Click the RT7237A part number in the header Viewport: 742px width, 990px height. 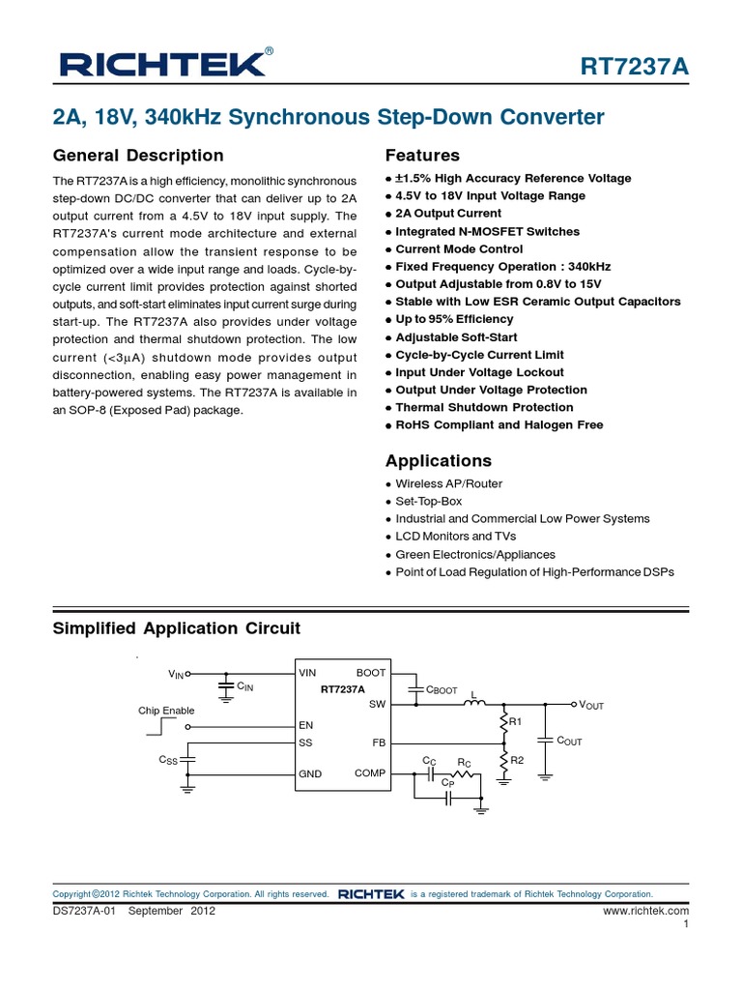[x=635, y=67]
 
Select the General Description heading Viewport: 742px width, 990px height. [x=138, y=156]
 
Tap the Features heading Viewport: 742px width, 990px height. [x=422, y=156]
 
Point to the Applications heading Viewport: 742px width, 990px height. [x=438, y=461]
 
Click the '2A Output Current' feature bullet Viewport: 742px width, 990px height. [x=448, y=214]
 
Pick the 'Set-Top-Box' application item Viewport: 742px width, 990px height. [x=429, y=501]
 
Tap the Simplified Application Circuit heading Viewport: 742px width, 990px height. [x=176, y=628]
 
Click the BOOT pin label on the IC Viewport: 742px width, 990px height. [x=370, y=673]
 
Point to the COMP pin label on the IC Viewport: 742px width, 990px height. [x=370, y=773]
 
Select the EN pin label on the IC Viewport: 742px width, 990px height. [x=306, y=724]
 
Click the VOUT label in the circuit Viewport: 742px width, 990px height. [x=590, y=706]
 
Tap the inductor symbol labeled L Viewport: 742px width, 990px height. [x=474, y=703]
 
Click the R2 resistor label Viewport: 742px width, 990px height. [x=516, y=760]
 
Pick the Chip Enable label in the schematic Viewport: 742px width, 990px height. [x=166, y=711]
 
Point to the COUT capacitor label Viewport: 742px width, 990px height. [x=569, y=742]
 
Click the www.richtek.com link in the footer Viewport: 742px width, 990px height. [x=645, y=911]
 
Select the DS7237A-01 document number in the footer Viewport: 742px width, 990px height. [x=84, y=911]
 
